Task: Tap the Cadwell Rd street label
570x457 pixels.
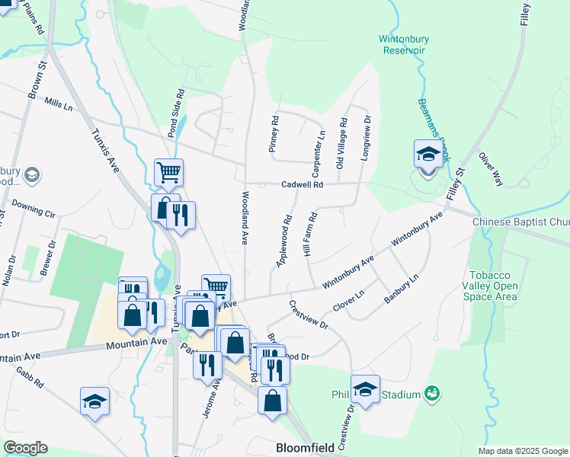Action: click(303, 184)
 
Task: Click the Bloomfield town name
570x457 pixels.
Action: click(305, 448)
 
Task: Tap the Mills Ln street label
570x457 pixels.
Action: click(58, 103)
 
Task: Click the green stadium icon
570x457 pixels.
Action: click(433, 394)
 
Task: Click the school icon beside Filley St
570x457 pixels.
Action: click(428, 155)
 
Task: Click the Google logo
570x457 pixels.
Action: click(25, 448)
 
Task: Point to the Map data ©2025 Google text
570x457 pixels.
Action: click(523, 451)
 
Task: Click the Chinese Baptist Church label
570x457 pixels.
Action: click(520, 222)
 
